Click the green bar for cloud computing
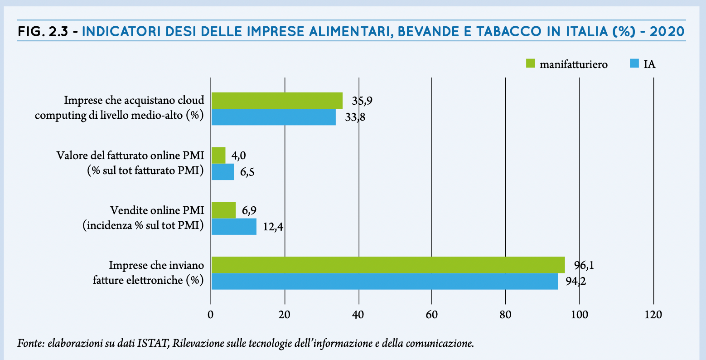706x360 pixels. [276, 101]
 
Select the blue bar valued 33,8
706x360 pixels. [273, 117]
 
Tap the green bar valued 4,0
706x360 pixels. [218, 156]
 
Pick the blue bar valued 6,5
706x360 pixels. [222, 172]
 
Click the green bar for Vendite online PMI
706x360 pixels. [223, 210]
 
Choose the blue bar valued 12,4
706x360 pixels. [234, 226]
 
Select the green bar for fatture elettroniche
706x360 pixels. [388, 265]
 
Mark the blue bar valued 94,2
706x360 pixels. [384, 281]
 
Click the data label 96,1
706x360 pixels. [584, 265]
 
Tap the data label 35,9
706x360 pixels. [362, 101]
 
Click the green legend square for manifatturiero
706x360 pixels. [530, 63]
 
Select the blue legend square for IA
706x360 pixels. [634, 63]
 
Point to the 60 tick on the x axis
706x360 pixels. [431, 314]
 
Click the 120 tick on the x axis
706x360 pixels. [653, 314]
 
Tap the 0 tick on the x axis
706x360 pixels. [211, 314]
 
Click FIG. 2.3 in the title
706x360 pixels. [43, 32]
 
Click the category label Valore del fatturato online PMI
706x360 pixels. [130, 156]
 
